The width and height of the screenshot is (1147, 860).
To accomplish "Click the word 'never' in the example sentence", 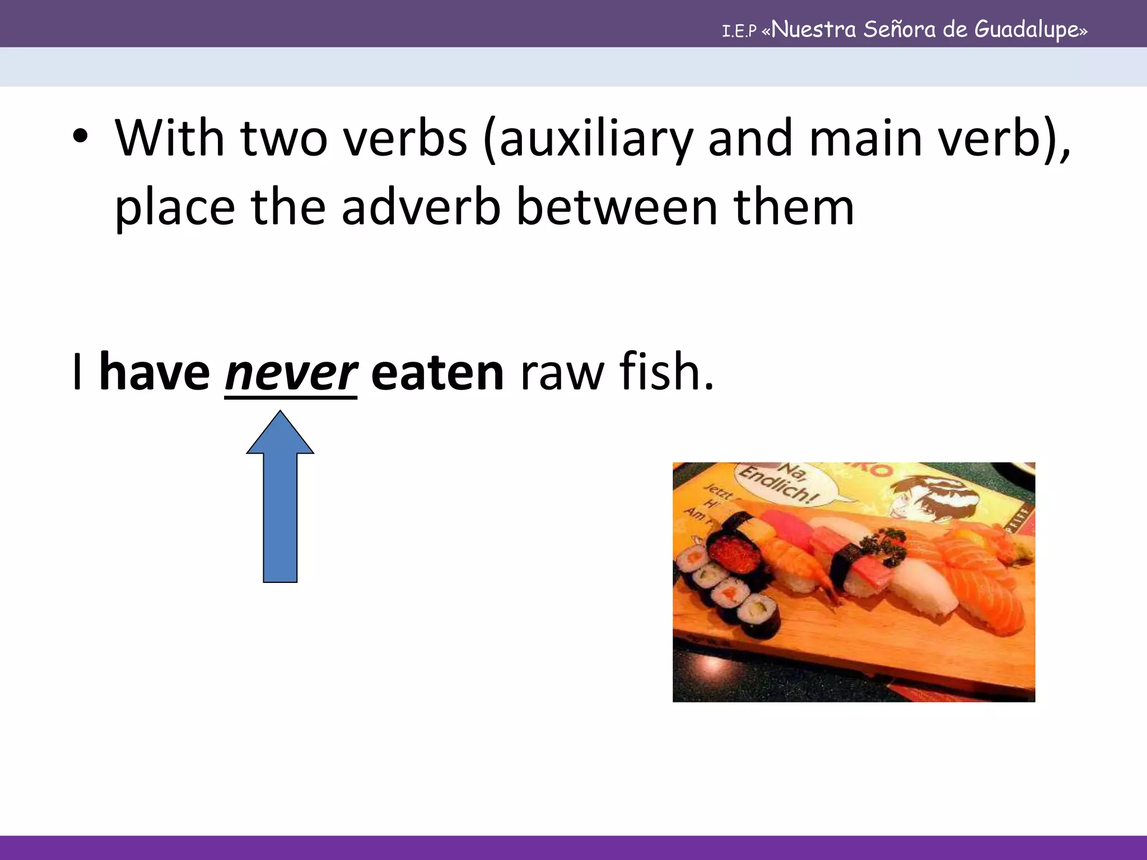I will point(290,373).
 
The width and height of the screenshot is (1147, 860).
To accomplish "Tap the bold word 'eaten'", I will point(437,373).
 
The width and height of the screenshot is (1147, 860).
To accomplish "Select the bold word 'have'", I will point(154,373).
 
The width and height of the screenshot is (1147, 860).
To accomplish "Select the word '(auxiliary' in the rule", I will point(587,140).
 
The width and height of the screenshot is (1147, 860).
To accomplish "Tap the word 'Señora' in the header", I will point(898,29).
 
